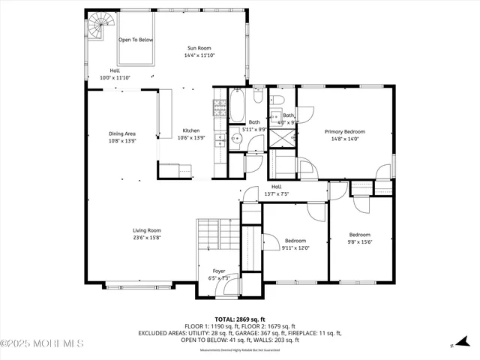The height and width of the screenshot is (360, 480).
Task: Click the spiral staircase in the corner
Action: pyautogui.click(x=98, y=29)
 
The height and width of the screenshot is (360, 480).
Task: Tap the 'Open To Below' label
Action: pyautogui.click(x=136, y=40)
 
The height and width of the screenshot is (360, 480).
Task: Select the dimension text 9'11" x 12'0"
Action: pyautogui.click(x=295, y=248)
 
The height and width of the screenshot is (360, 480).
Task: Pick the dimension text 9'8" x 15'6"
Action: pyautogui.click(x=360, y=241)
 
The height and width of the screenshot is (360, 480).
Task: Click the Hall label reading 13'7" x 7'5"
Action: pyautogui.click(x=276, y=194)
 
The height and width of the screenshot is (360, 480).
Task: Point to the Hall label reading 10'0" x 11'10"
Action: pyautogui.click(x=115, y=77)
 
